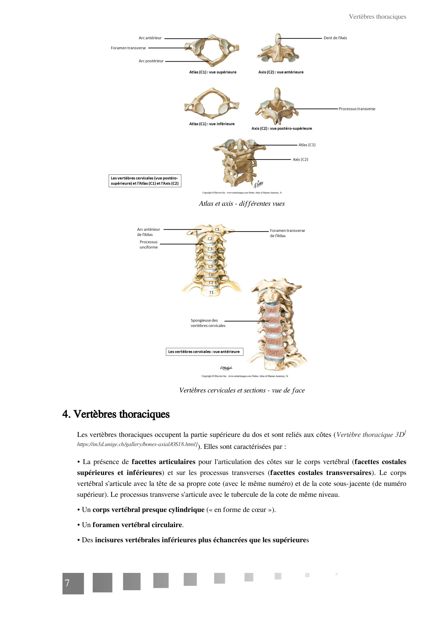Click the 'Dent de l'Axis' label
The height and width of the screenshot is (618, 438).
(x=335, y=38)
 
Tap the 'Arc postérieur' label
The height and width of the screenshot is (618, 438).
(x=151, y=61)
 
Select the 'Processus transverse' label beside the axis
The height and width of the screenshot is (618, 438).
(x=357, y=109)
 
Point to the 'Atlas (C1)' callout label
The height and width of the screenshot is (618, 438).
(x=307, y=145)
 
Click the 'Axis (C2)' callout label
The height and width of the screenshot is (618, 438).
(x=300, y=160)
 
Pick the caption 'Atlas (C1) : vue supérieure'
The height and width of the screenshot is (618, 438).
(x=212, y=72)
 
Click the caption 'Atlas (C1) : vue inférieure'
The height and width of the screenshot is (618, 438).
(x=212, y=124)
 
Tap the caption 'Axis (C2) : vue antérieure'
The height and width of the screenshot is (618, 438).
(x=281, y=72)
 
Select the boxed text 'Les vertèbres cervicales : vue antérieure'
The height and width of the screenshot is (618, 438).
(x=204, y=352)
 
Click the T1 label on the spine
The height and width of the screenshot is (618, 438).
(x=211, y=293)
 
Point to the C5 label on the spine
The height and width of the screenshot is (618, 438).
(x=211, y=266)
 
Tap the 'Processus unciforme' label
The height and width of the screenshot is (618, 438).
(x=149, y=245)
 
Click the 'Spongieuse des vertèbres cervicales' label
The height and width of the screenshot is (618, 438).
(x=208, y=323)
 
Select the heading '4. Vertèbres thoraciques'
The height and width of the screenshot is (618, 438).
(x=116, y=414)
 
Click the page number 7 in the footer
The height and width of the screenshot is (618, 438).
(x=67, y=583)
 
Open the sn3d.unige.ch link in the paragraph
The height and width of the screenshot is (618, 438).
(x=137, y=445)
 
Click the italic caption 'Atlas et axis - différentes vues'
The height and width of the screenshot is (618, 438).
(x=242, y=204)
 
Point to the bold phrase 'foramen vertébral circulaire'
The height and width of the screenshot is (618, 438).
(x=137, y=525)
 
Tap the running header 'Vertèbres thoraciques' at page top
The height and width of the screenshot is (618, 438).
(x=377, y=17)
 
